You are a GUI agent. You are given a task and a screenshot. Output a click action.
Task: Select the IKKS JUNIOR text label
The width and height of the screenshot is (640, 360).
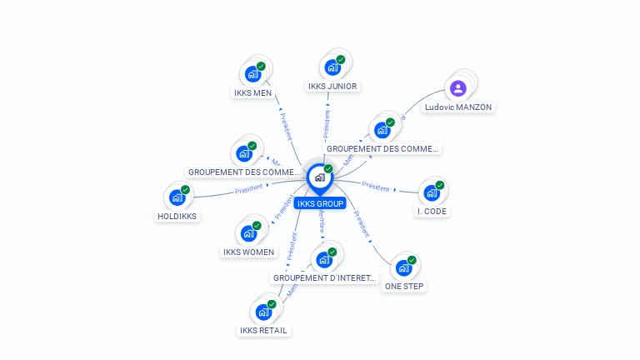coord(332,86)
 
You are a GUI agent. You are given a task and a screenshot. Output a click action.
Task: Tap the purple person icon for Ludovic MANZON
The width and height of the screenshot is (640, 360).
coord(457,88)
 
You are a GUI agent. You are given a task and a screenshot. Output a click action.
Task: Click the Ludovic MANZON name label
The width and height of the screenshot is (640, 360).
coord(458,107)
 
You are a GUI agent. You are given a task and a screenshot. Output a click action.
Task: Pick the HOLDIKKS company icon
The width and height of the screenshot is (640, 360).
coord(177,197)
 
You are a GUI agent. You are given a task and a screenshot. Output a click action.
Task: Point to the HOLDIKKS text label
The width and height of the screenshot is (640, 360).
coord(177,216)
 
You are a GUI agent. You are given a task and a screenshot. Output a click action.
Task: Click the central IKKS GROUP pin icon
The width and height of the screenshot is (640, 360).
coord(319,177)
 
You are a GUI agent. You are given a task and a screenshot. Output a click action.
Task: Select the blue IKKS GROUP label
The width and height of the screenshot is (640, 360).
coord(320,203)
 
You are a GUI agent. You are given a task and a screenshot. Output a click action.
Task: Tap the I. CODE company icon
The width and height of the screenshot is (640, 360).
coord(431,193)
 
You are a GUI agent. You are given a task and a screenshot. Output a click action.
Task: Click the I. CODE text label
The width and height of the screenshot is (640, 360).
coord(432,212)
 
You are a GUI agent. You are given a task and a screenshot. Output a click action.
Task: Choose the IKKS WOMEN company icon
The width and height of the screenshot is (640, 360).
coord(248,233)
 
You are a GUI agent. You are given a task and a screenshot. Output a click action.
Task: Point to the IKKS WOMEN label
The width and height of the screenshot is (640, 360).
coord(248,252)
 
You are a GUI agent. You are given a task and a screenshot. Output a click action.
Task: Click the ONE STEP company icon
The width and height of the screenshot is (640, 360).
coord(403,268)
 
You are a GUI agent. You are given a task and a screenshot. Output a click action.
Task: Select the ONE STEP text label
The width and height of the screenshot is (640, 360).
coord(404,287)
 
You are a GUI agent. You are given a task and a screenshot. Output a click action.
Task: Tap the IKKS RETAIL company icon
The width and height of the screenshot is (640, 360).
coord(263,312)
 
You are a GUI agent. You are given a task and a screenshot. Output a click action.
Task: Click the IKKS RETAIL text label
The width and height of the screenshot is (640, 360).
coord(263,331)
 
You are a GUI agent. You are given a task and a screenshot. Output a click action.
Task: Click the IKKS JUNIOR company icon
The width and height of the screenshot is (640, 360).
coord(332,67)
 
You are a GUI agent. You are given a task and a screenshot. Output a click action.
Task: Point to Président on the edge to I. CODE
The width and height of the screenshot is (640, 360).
coord(376,187)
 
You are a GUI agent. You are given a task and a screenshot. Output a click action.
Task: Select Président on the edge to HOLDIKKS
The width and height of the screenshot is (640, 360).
coord(248,189)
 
